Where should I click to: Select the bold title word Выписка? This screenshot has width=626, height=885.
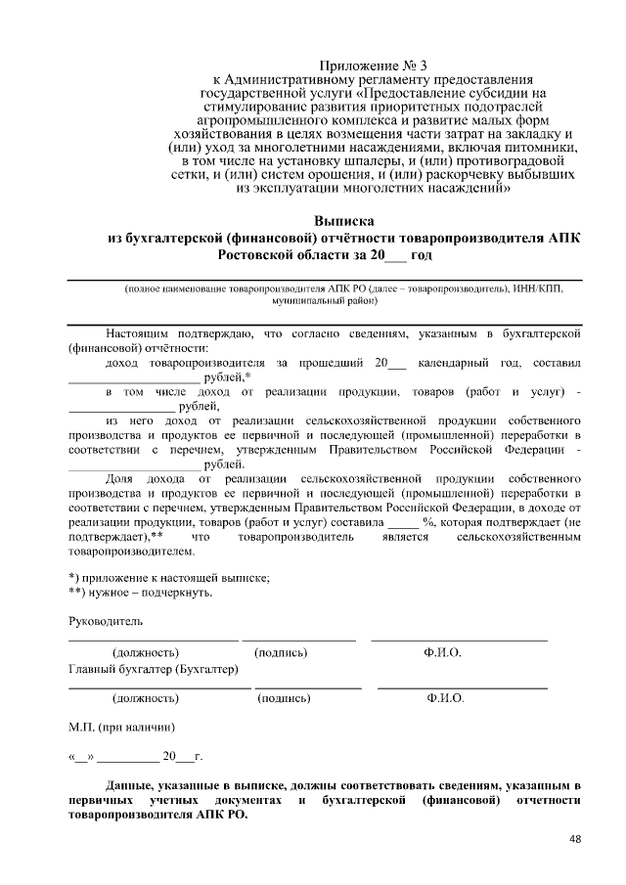(x=343, y=222)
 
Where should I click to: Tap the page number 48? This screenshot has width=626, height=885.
(x=575, y=839)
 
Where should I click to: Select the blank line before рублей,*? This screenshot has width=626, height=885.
(x=134, y=379)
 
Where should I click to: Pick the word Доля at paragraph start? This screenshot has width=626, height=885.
(x=119, y=479)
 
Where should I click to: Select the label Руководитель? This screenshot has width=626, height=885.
(x=105, y=622)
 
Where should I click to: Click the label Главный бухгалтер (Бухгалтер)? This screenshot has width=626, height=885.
(x=153, y=669)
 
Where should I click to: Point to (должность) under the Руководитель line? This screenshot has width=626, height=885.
(x=146, y=651)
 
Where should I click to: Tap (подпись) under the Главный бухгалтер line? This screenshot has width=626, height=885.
(x=284, y=699)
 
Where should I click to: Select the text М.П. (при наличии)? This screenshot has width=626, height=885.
(x=121, y=728)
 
